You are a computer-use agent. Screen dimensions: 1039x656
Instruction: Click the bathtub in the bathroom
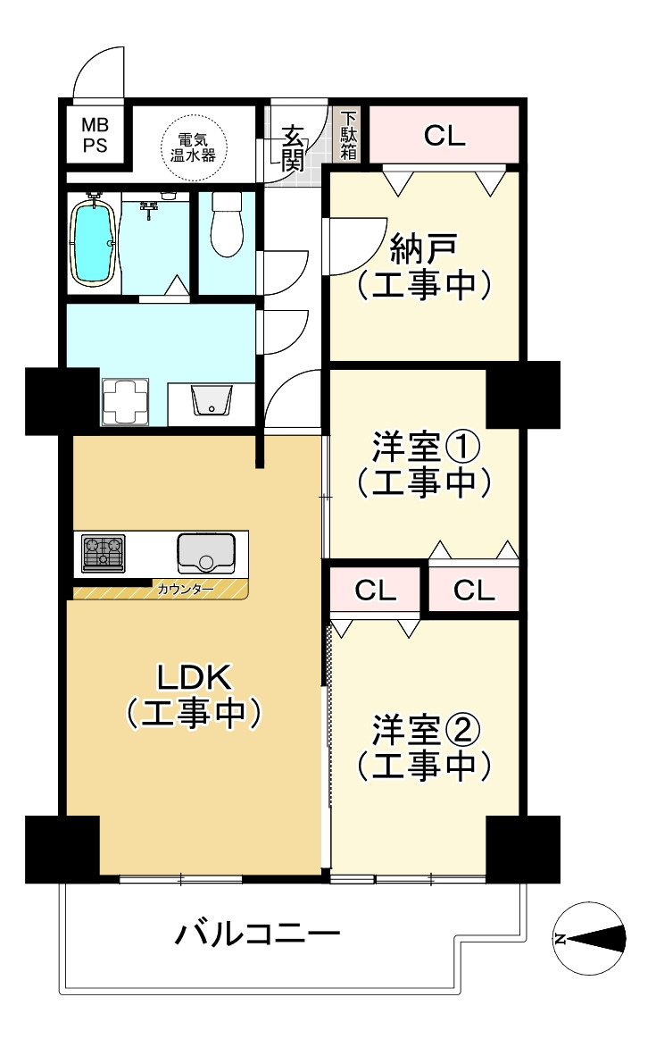click(93, 243)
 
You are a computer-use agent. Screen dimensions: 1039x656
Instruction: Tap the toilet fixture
click(228, 225)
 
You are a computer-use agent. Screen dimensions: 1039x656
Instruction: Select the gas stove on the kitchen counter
click(104, 553)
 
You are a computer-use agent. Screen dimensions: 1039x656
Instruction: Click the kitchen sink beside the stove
click(206, 553)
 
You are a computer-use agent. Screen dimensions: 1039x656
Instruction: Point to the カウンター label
click(186, 590)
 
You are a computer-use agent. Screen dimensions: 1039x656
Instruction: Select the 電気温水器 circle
click(195, 147)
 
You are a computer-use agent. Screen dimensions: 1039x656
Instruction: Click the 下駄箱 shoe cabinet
click(348, 136)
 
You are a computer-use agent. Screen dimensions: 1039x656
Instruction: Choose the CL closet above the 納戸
click(444, 136)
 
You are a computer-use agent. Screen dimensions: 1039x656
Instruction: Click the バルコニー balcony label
click(257, 935)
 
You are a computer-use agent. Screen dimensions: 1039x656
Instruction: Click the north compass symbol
click(588, 938)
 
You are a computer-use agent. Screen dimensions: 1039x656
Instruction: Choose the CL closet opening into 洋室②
click(376, 591)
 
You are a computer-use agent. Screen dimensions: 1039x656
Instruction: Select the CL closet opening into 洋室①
click(473, 591)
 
